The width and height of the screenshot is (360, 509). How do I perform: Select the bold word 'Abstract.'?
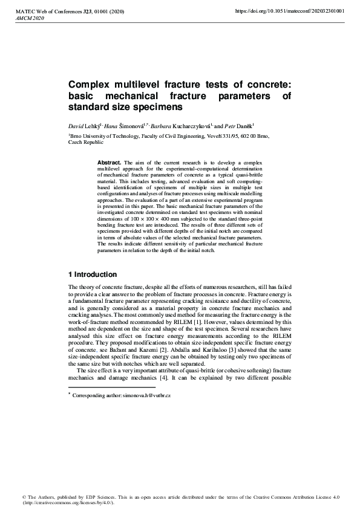click(x=110, y=163)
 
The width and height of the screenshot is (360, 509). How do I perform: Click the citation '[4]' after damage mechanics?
click(x=168, y=377)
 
